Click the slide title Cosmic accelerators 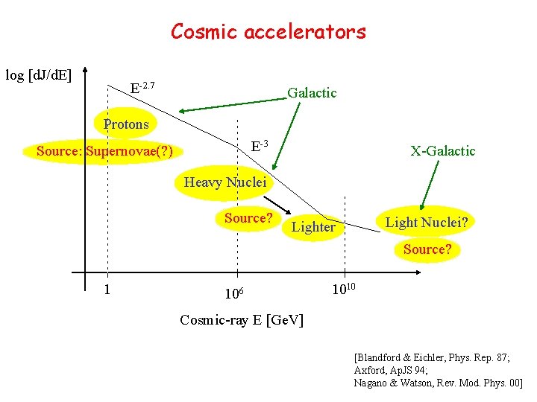coord(268,32)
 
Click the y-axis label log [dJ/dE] coord(39,75)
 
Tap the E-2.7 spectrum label coord(142,88)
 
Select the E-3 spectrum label coord(260,144)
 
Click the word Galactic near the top coord(312,93)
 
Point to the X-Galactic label coord(442,151)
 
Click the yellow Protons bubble coord(126,124)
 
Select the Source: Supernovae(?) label coord(104,152)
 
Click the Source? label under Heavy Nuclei coord(248,218)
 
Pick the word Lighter coord(313,227)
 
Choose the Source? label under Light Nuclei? coord(427,249)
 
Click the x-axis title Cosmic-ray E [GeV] coord(242,320)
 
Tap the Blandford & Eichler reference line coord(432,357)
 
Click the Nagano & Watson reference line coord(438,382)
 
